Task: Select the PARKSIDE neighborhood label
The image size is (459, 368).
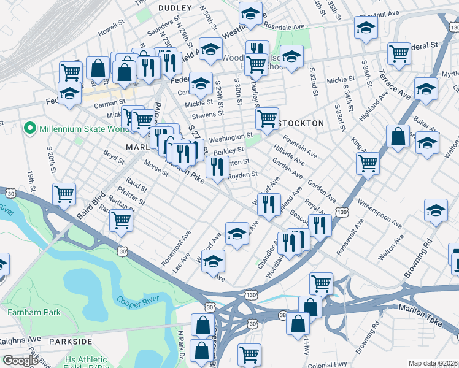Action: pyautogui.click(x=71, y=341)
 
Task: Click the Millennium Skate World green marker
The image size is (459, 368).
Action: pyautogui.click(x=28, y=129)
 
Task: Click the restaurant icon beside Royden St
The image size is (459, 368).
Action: pyautogui.click(x=217, y=167)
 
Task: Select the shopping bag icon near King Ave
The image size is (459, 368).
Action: pyautogui.click(x=398, y=136)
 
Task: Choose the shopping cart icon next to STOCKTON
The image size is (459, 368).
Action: pyautogui.click(x=267, y=118)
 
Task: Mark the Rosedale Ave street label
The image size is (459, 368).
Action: pyautogui.click(x=284, y=27)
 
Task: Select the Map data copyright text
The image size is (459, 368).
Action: pyautogui.click(x=433, y=363)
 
